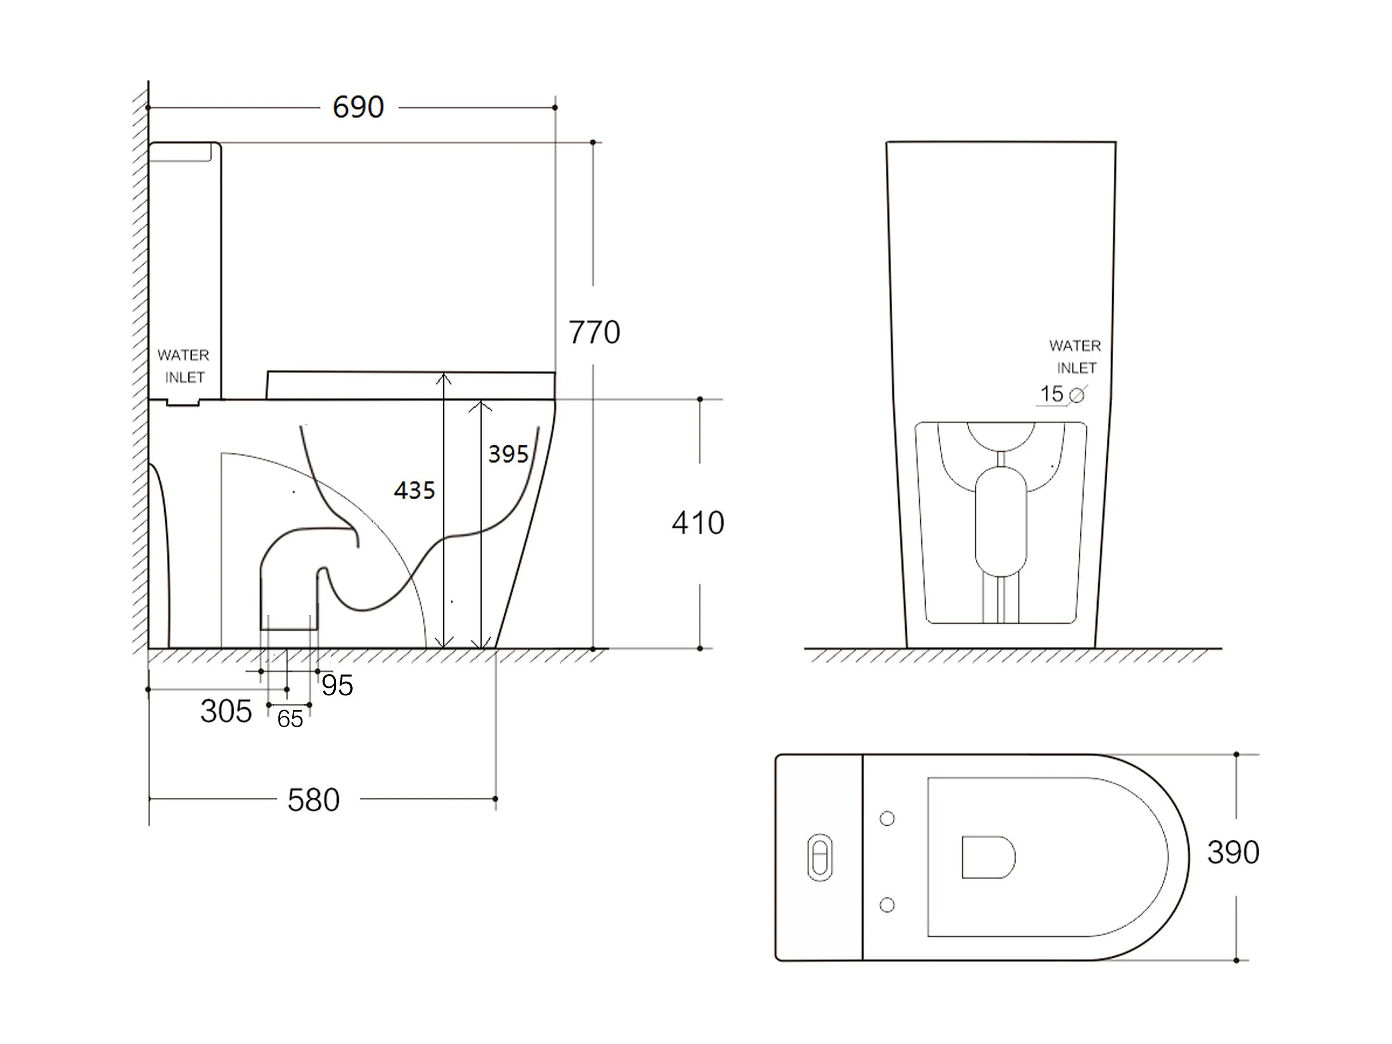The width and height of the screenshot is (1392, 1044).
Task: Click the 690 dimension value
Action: [x=358, y=107]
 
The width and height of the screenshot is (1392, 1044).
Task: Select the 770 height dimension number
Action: [x=594, y=332]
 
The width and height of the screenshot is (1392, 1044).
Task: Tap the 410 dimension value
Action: [x=698, y=523]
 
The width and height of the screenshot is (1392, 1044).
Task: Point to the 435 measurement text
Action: [x=414, y=490]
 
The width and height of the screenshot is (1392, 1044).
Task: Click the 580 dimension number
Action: [x=314, y=800]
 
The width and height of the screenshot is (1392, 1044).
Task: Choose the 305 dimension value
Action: [x=226, y=711]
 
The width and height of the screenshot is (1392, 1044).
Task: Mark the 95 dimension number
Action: [x=337, y=685]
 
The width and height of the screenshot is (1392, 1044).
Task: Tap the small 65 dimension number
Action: [x=290, y=719]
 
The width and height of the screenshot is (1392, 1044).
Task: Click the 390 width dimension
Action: [x=1233, y=853]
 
